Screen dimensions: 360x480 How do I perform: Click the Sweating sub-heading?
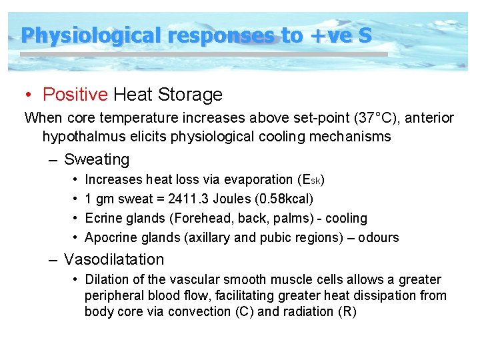coord(96,160)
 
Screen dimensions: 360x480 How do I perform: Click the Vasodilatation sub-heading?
coord(113,259)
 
